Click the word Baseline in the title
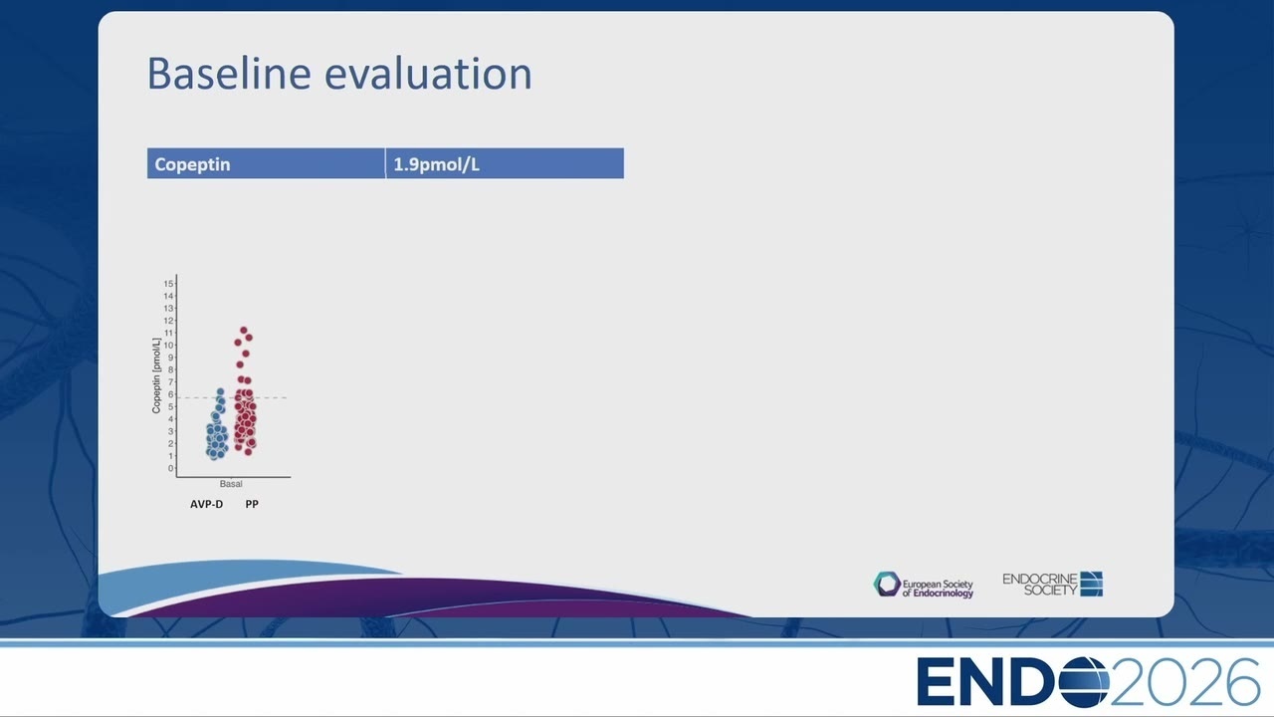click(229, 73)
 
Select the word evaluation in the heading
click(428, 73)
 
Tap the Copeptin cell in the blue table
click(266, 164)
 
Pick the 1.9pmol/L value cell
click(505, 164)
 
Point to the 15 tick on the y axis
click(168, 284)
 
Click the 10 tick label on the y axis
click(168, 346)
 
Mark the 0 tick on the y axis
click(170, 468)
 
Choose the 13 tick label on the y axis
click(168, 309)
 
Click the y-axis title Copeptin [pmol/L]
click(156, 375)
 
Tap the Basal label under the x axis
click(231, 484)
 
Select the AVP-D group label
click(206, 504)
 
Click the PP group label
click(252, 504)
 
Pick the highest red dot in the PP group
click(244, 330)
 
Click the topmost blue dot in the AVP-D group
click(220, 391)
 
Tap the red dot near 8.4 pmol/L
click(240, 364)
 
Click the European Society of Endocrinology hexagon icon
click(887, 585)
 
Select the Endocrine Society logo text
click(1040, 585)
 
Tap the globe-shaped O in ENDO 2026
click(1084, 682)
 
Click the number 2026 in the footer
click(1184, 682)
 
